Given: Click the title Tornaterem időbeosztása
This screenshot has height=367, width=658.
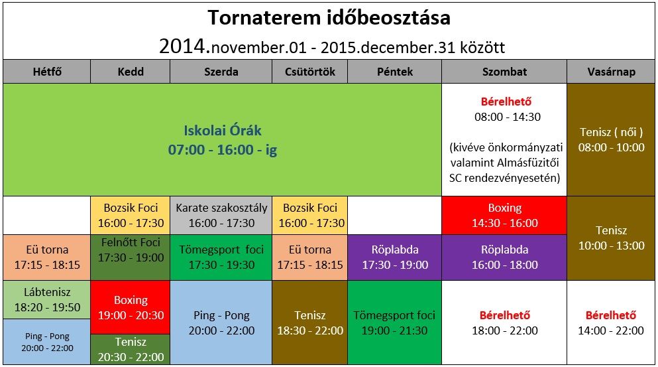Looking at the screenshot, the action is (329, 18).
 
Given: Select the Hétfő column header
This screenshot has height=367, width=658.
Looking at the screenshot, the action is (47, 72).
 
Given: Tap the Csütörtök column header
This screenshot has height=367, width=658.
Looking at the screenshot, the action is (309, 72).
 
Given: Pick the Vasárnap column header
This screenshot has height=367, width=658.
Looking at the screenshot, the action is (611, 72).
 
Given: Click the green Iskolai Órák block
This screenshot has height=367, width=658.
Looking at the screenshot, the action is (223, 139).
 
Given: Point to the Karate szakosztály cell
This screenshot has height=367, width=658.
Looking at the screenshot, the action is (221, 215).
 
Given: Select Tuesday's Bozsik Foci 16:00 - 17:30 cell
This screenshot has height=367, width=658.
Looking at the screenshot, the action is (131, 215).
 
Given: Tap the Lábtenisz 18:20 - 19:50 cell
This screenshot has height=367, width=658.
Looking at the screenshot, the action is (47, 300).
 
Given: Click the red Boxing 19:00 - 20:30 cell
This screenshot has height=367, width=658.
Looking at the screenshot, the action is (131, 307).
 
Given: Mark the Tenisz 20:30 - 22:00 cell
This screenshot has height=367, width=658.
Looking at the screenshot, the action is (131, 349).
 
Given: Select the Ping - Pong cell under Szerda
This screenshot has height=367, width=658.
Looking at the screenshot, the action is (221, 323).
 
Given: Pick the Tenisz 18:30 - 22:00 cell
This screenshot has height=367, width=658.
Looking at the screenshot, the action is (309, 323).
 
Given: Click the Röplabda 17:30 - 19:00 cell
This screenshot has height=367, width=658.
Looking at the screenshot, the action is (394, 257).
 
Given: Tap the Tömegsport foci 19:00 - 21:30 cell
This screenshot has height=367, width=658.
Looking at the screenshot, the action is (394, 323).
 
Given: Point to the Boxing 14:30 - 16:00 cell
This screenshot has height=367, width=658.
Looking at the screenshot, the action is (504, 215).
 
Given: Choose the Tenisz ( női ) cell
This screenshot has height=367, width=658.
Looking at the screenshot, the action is (611, 139).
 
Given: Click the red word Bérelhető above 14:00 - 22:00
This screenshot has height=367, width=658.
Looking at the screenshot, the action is (610, 315).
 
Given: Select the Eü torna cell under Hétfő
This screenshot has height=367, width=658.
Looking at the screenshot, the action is (47, 257).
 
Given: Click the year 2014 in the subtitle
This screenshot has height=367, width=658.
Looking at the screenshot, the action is (184, 46).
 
